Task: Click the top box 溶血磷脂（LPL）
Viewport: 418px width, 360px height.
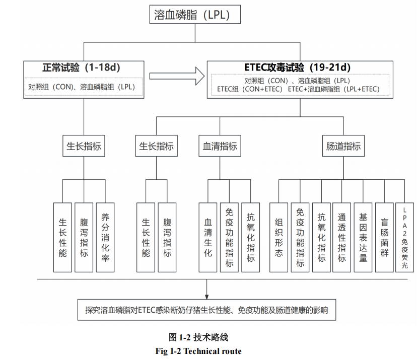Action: (x=195, y=15)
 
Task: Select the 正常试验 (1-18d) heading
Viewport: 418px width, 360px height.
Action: (x=84, y=67)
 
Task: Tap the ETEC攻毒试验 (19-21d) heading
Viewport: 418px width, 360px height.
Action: (x=298, y=67)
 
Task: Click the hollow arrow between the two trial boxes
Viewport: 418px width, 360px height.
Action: (x=177, y=76)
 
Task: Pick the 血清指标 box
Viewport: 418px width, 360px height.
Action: (x=220, y=147)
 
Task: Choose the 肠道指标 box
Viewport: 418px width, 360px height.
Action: (x=343, y=147)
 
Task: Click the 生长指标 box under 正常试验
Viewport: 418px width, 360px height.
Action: (x=84, y=147)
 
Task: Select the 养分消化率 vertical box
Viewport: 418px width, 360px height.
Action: (x=105, y=237)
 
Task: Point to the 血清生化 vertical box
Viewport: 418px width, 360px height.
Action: (x=207, y=237)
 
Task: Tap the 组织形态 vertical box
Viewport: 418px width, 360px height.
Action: (x=278, y=237)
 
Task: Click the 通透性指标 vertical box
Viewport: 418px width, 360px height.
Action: (x=342, y=237)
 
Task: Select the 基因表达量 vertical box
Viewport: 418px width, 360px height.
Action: (x=363, y=237)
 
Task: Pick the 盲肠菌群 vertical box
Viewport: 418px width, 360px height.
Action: (x=384, y=237)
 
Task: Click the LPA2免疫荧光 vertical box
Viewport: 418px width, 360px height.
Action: (x=404, y=237)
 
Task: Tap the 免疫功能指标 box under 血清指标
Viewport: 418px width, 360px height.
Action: (x=229, y=237)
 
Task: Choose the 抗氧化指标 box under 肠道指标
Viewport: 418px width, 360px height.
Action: (x=321, y=237)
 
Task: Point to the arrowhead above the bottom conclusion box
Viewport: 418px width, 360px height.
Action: (x=206, y=296)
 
